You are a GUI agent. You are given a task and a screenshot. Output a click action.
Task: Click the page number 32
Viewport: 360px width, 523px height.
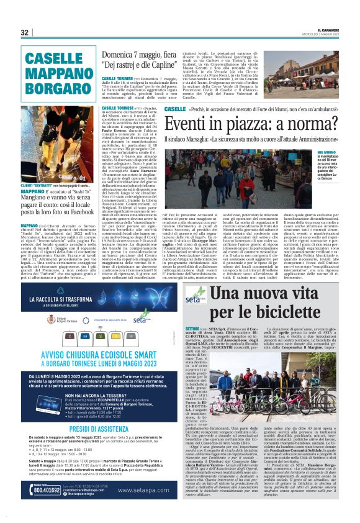pos(25,32)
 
